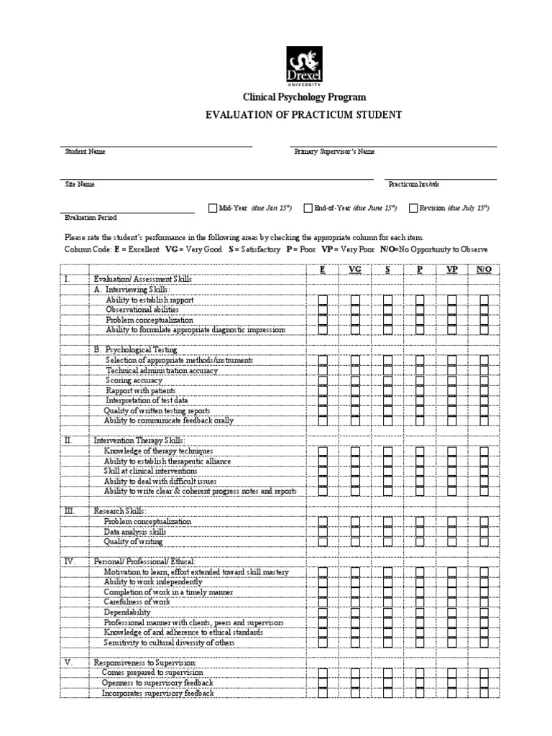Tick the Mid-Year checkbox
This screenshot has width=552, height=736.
[212, 208]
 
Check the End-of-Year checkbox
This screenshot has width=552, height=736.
[308, 208]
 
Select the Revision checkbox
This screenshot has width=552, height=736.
[413, 208]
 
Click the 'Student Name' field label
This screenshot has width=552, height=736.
[85, 152]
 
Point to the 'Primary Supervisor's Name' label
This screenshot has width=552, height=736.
[334, 152]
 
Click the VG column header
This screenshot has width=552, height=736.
[354, 269]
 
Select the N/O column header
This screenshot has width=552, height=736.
[483, 269]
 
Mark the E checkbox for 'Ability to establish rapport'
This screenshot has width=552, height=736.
[323, 300]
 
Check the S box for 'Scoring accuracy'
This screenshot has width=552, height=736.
[387, 380]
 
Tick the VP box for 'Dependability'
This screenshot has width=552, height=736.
[452, 612]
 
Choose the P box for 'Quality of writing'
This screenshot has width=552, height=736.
[420, 541]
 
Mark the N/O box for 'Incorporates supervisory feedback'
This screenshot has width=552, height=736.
[484, 693]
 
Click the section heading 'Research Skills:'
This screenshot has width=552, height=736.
[120, 510]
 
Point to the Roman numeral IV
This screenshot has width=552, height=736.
[69, 561]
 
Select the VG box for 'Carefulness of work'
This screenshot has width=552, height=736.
[355, 602]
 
